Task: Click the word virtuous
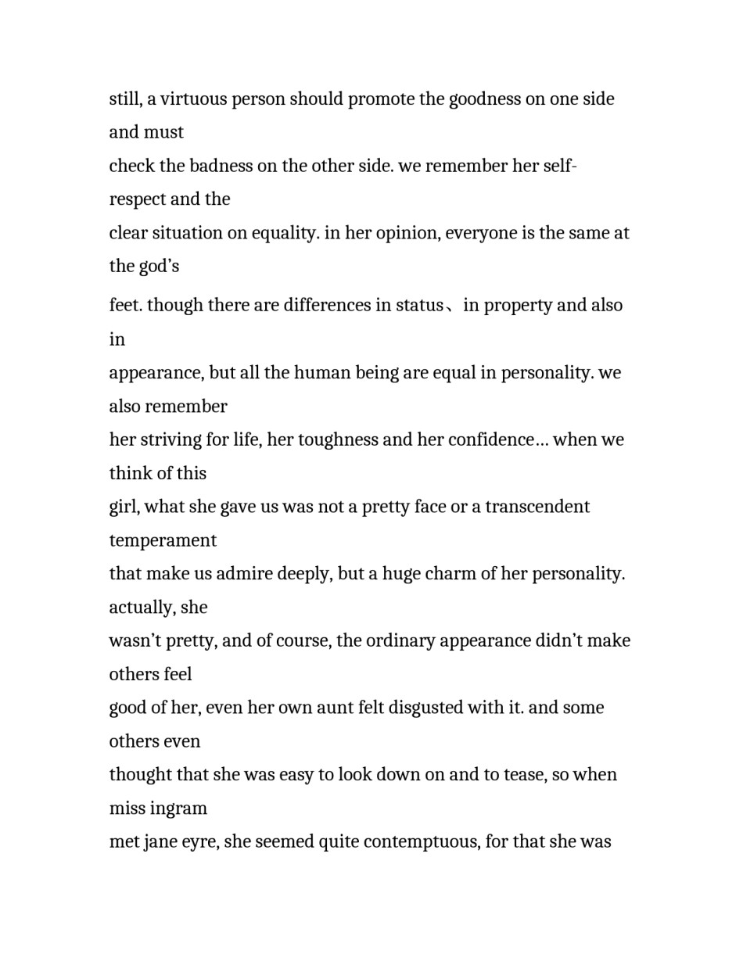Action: click(193, 99)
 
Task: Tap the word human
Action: click(323, 372)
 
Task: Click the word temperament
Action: click(163, 540)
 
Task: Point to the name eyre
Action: click(199, 843)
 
